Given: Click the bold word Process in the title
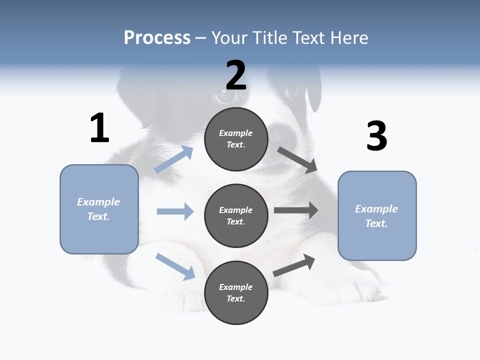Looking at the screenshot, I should click(157, 38).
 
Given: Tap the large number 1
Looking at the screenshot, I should click(99, 128).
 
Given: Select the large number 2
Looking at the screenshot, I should click(236, 75).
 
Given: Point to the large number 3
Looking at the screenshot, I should click(376, 136).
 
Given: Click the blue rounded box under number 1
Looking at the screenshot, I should click(99, 209).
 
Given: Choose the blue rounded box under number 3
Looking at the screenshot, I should click(377, 215).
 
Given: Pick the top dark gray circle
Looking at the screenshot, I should click(236, 139).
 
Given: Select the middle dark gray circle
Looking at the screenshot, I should click(236, 215).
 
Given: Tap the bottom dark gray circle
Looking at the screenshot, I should click(236, 292).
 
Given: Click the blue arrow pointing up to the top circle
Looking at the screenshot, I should click(174, 159).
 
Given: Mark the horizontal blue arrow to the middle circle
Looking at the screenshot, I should click(175, 211).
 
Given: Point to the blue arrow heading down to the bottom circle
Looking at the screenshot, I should click(175, 266).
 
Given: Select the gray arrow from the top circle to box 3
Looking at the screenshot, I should click(297, 159).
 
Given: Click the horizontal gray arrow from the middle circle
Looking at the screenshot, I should click(296, 210).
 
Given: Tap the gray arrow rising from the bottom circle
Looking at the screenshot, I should click(294, 265).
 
